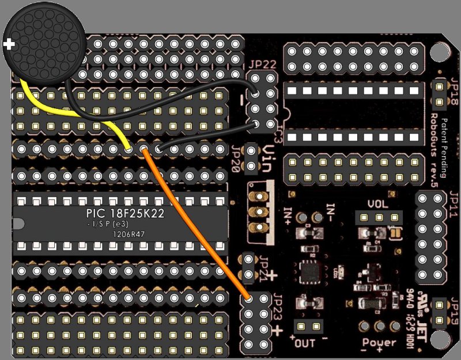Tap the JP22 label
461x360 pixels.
262,65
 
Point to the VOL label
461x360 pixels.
378,204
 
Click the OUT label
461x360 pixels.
306,344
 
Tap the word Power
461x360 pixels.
379,343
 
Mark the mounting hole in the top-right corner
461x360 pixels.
439,51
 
